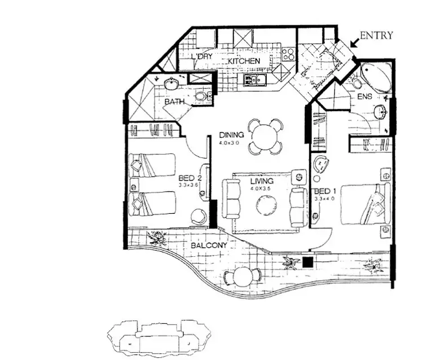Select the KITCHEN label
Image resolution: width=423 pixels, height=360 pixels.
[x=244, y=61]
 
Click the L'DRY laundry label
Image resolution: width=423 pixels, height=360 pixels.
[x=201, y=57]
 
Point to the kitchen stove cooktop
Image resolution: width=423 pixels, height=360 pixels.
[x=288, y=54]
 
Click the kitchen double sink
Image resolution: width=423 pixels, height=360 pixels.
[x=255, y=80]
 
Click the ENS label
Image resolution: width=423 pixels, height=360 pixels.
[x=365, y=96]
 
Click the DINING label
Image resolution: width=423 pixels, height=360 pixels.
[x=231, y=135]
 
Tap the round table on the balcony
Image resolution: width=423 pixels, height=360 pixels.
[x=241, y=276]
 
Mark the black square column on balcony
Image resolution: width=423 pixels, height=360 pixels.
[x=307, y=262]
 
